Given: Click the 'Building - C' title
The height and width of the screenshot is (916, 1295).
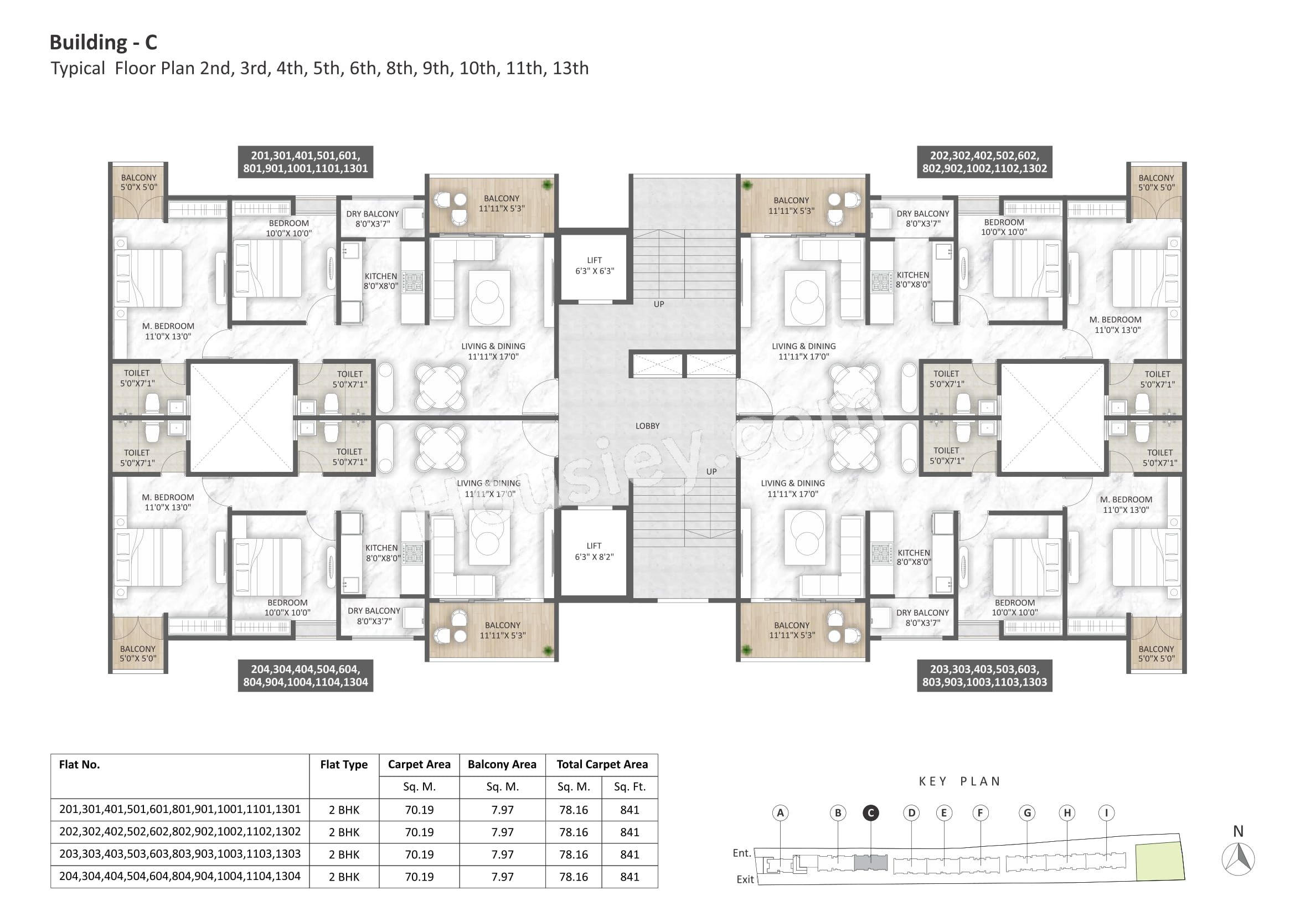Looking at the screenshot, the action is pyautogui.click(x=103, y=42).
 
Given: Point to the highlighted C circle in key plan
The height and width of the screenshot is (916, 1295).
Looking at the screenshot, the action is pyautogui.click(x=871, y=813).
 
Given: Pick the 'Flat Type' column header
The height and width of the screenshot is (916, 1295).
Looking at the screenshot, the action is pyautogui.click(x=343, y=764).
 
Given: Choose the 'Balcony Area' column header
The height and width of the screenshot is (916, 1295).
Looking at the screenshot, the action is pyautogui.click(x=502, y=764).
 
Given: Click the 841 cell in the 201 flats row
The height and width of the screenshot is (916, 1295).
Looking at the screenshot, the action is pyautogui.click(x=630, y=810).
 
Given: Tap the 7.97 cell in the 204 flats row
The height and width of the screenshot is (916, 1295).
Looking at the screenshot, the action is pyautogui.click(x=502, y=877).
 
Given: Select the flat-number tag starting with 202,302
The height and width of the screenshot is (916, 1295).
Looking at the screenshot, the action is pyautogui.click(x=984, y=162).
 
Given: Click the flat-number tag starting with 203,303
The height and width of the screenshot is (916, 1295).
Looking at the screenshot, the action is pyautogui.click(x=984, y=675).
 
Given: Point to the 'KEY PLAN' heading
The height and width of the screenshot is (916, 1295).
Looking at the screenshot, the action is pyautogui.click(x=959, y=781).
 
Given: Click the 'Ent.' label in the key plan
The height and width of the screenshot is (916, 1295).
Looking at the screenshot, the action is pyautogui.click(x=742, y=853).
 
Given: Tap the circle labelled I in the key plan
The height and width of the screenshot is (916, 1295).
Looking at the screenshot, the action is pyautogui.click(x=1106, y=813).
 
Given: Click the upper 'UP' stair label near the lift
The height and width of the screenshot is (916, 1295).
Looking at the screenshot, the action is pyautogui.click(x=658, y=304).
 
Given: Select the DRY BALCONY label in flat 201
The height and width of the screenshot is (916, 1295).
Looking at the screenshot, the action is pyautogui.click(x=372, y=219).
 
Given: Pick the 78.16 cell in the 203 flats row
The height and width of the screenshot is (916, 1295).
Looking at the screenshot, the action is pyautogui.click(x=573, y=855).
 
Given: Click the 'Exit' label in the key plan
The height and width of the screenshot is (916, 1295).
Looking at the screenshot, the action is pyautogui.click(x=745, y=879).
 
